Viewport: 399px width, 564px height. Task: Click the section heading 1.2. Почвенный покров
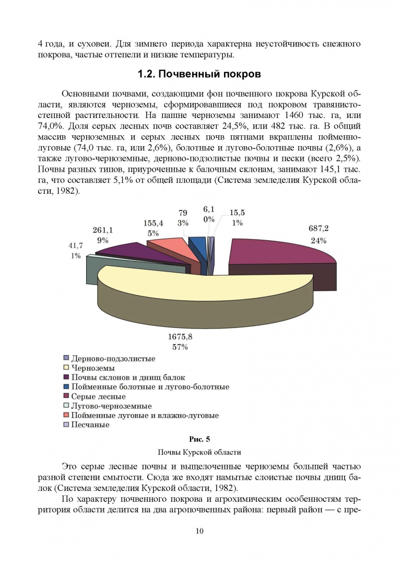tap(199, 75)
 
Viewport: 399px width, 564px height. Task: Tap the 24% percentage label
tap(319, 241)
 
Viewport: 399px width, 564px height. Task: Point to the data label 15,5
tap(237, 213)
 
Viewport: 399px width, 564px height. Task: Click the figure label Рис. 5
tap(199, 439)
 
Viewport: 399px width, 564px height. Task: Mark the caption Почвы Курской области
tap(199, 452)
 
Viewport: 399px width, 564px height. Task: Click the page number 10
tap(199, 531)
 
